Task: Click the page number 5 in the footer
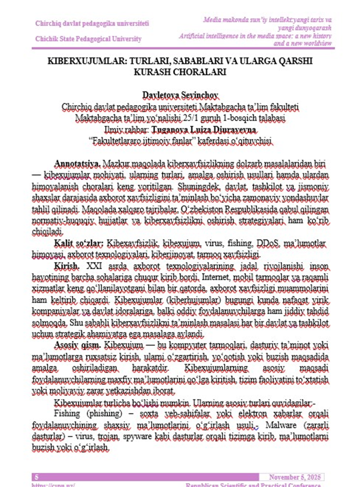pos(37,477)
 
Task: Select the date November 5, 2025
pos(295,477)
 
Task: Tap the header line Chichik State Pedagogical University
pos(88,39)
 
